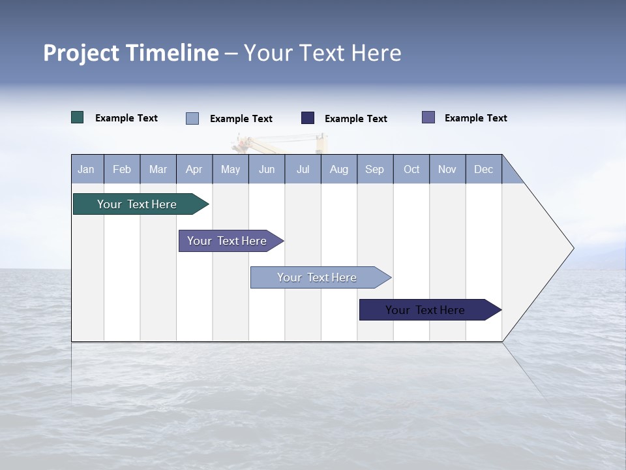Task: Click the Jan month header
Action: coord(86,170)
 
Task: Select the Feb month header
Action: coord(122,170)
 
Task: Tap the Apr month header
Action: coord(194,170)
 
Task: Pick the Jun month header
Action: coord(267,170)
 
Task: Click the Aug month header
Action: coord(339,170)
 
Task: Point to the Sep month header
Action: coord(375,170)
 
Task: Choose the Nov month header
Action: coord(447,170)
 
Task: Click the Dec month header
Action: coord(484,170)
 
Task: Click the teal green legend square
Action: coord(78,117)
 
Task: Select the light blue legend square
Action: coord(192,118)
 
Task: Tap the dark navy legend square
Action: coord(308,117)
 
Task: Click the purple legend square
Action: coord(428,117)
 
